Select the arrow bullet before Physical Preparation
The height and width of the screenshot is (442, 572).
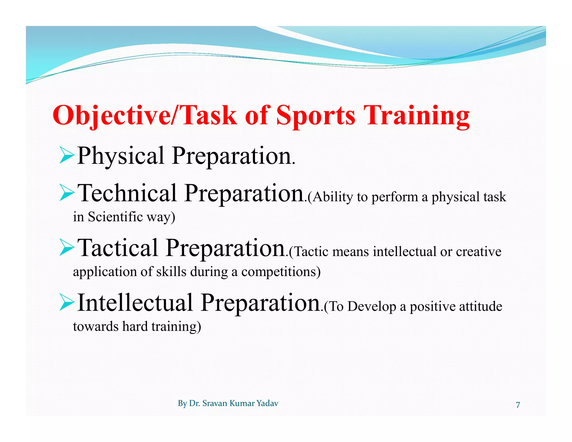click(x=66, y=156)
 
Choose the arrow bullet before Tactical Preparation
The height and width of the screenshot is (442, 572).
click(x=66, y=248)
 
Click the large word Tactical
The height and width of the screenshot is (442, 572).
click(x=118, y=248)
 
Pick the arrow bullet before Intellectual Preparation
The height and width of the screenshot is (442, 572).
click(x=66, y=302)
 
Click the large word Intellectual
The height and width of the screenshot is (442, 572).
click(x=135, y=302)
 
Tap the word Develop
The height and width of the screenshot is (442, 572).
click(x=372, y=307)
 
